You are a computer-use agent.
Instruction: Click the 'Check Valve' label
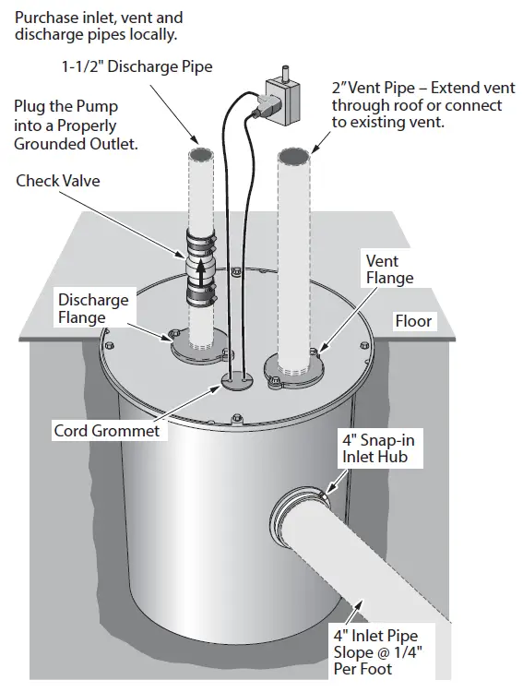pyautogui.click(x=57, y=181)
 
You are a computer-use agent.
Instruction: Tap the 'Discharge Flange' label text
pyautogui.click(x=93, y=309)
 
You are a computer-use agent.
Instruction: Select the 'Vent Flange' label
pyautogui.click(x=389, y=269)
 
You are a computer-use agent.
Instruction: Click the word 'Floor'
pyautogui.click(x=412, y=322)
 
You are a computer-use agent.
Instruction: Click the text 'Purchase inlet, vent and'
pyautogui.click(x=100, y=17)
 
